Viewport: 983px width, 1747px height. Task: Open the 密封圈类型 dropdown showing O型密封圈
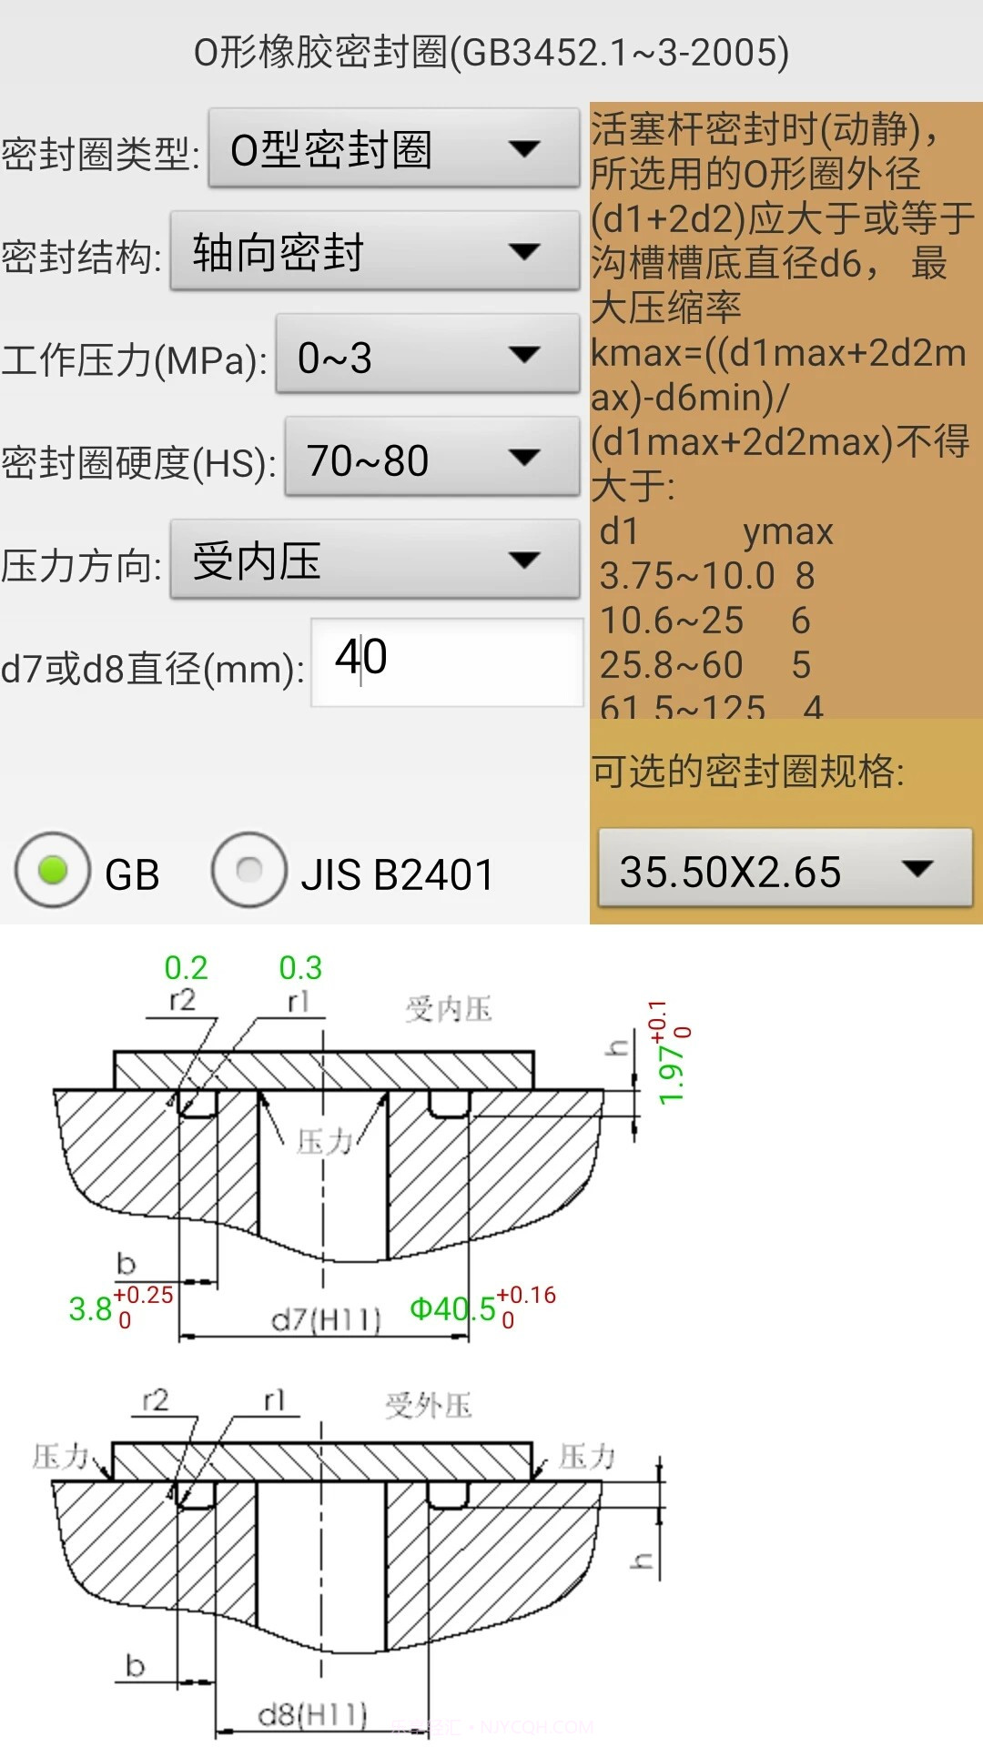[x=393, y=149]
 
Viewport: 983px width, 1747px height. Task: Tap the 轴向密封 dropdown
[x=374, y=252]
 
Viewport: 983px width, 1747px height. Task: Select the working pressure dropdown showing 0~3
[x=427, y=356]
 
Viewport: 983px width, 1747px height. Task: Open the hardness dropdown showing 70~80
[x=431, y=459]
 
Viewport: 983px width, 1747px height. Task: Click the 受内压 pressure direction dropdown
[x=374, y=560]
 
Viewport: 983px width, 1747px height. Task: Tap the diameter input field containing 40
[x=446, y=661]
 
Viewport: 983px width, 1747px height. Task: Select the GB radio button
[x=54, y=871]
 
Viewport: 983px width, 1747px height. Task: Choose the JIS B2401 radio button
[x=249, y=871]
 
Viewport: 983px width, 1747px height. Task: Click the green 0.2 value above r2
[x=186, y=967]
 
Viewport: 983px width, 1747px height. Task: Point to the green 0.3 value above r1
[x=300, y=967]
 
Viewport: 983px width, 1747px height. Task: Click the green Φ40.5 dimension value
[x=452, y=1309]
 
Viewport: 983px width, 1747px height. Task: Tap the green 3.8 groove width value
[x=90, y=1309]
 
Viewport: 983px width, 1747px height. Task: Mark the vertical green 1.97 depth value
[x=671, y=1075]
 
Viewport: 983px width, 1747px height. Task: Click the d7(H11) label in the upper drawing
[x=326, y=1319]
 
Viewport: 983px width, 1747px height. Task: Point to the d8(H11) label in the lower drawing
[x=312, y=1715]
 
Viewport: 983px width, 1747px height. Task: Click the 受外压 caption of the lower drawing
[x=428, y=1406]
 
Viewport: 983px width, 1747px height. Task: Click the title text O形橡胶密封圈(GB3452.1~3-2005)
[x=491, y=52]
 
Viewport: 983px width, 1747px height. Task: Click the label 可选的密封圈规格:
[x=748, y=771]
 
